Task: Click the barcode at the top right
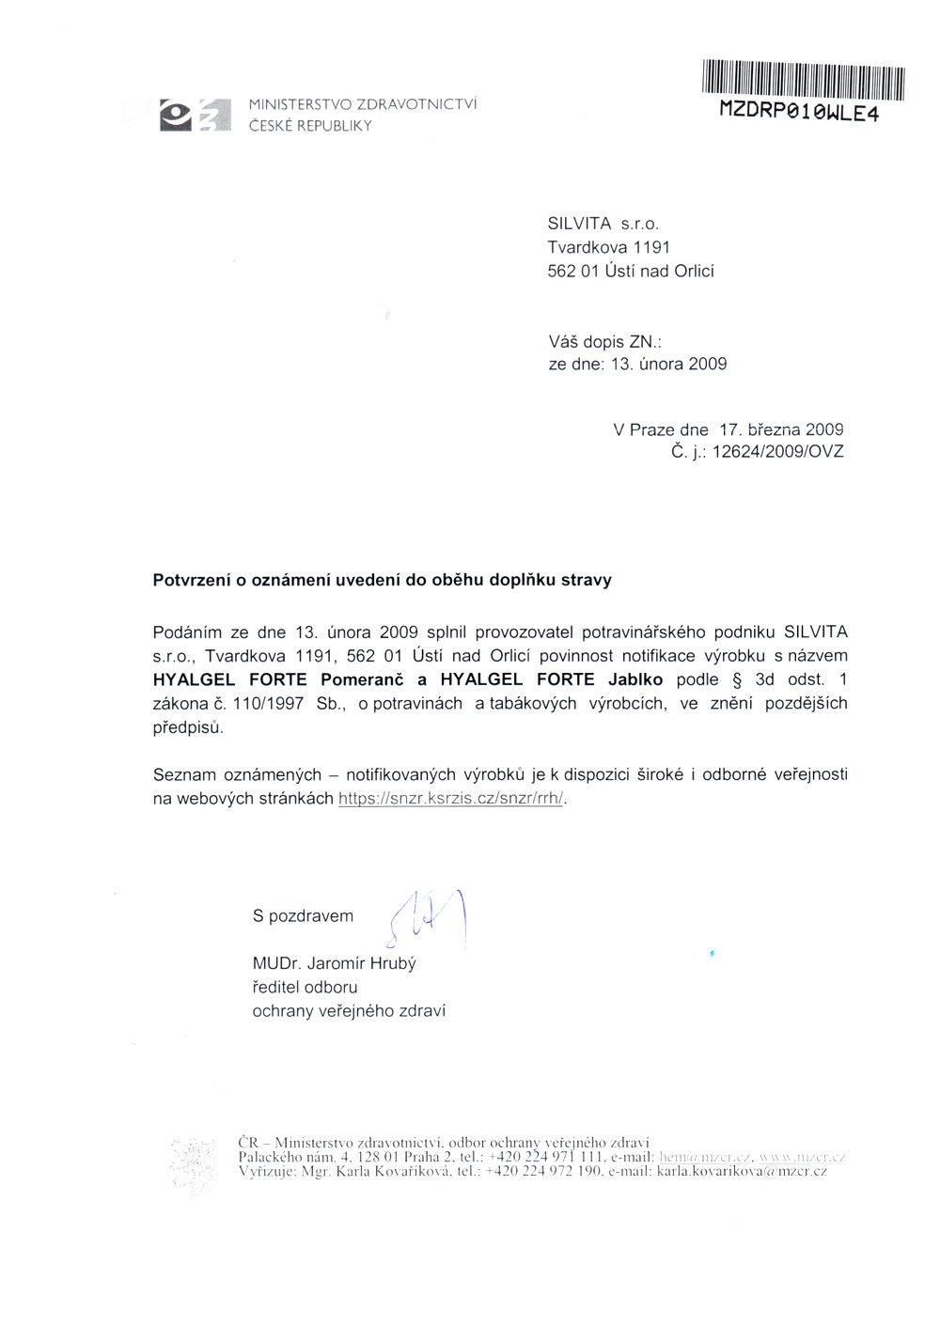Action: pos(803,80)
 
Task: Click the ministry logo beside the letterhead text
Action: pos(195,115)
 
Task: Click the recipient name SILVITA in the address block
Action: pos(579,224)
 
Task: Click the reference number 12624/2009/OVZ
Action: pos(778,452)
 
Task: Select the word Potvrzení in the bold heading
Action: pos(192,580)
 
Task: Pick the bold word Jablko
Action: pos(635,679)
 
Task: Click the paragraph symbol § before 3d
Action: pos(737,679)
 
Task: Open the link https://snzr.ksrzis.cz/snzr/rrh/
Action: pos(451,799)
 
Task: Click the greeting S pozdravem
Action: pos(303,915)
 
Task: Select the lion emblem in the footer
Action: pos(195,1165)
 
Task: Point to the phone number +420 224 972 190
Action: pos(545,1172)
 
